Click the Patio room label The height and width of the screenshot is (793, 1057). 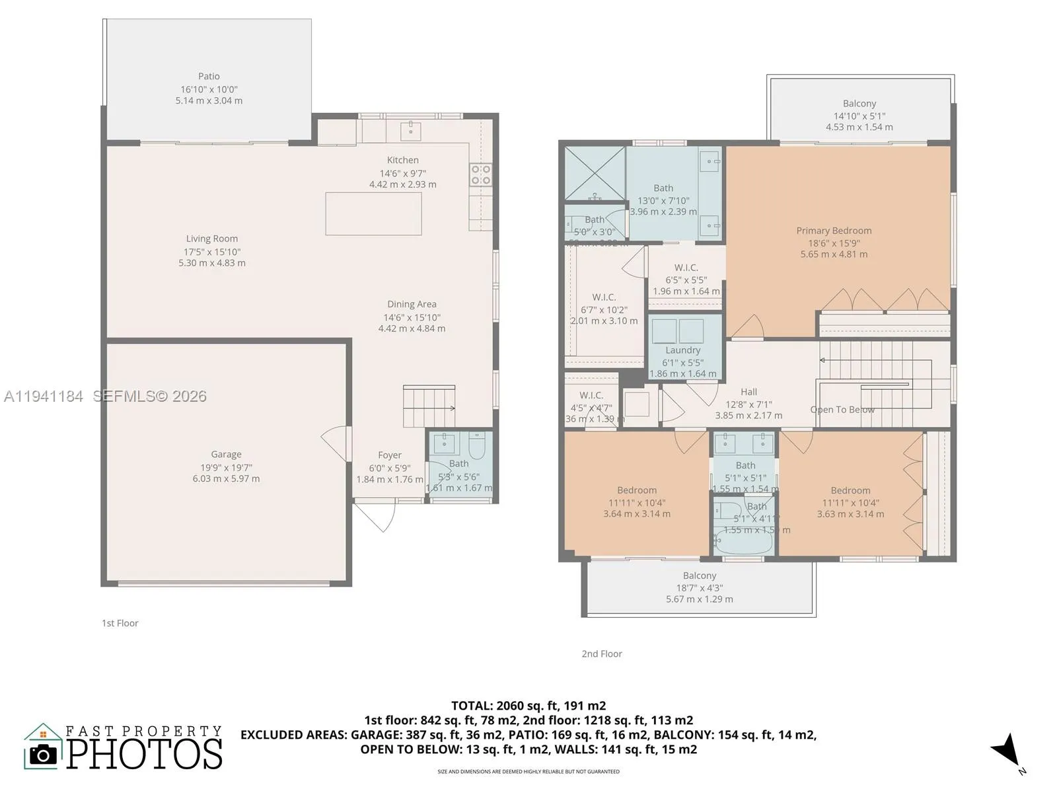point(209,77)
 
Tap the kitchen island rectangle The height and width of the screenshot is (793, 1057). point(373,213)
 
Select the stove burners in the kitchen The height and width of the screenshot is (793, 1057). point(480,174)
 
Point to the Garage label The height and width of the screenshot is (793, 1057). point(226,455)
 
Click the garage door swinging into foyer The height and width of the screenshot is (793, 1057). point(338,443)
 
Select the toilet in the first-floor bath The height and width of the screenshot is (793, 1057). point(476,442)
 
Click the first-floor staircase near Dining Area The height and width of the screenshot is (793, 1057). point(428,406)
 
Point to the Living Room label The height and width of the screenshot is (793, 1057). point(211,239)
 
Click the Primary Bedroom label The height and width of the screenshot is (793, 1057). point(834,231)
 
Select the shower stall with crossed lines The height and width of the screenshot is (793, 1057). point(594,173)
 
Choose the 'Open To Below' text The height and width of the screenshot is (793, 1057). point(842,410)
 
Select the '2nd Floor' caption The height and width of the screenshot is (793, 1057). point(602,654)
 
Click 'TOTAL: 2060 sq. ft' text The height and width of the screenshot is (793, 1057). point(528,706)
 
